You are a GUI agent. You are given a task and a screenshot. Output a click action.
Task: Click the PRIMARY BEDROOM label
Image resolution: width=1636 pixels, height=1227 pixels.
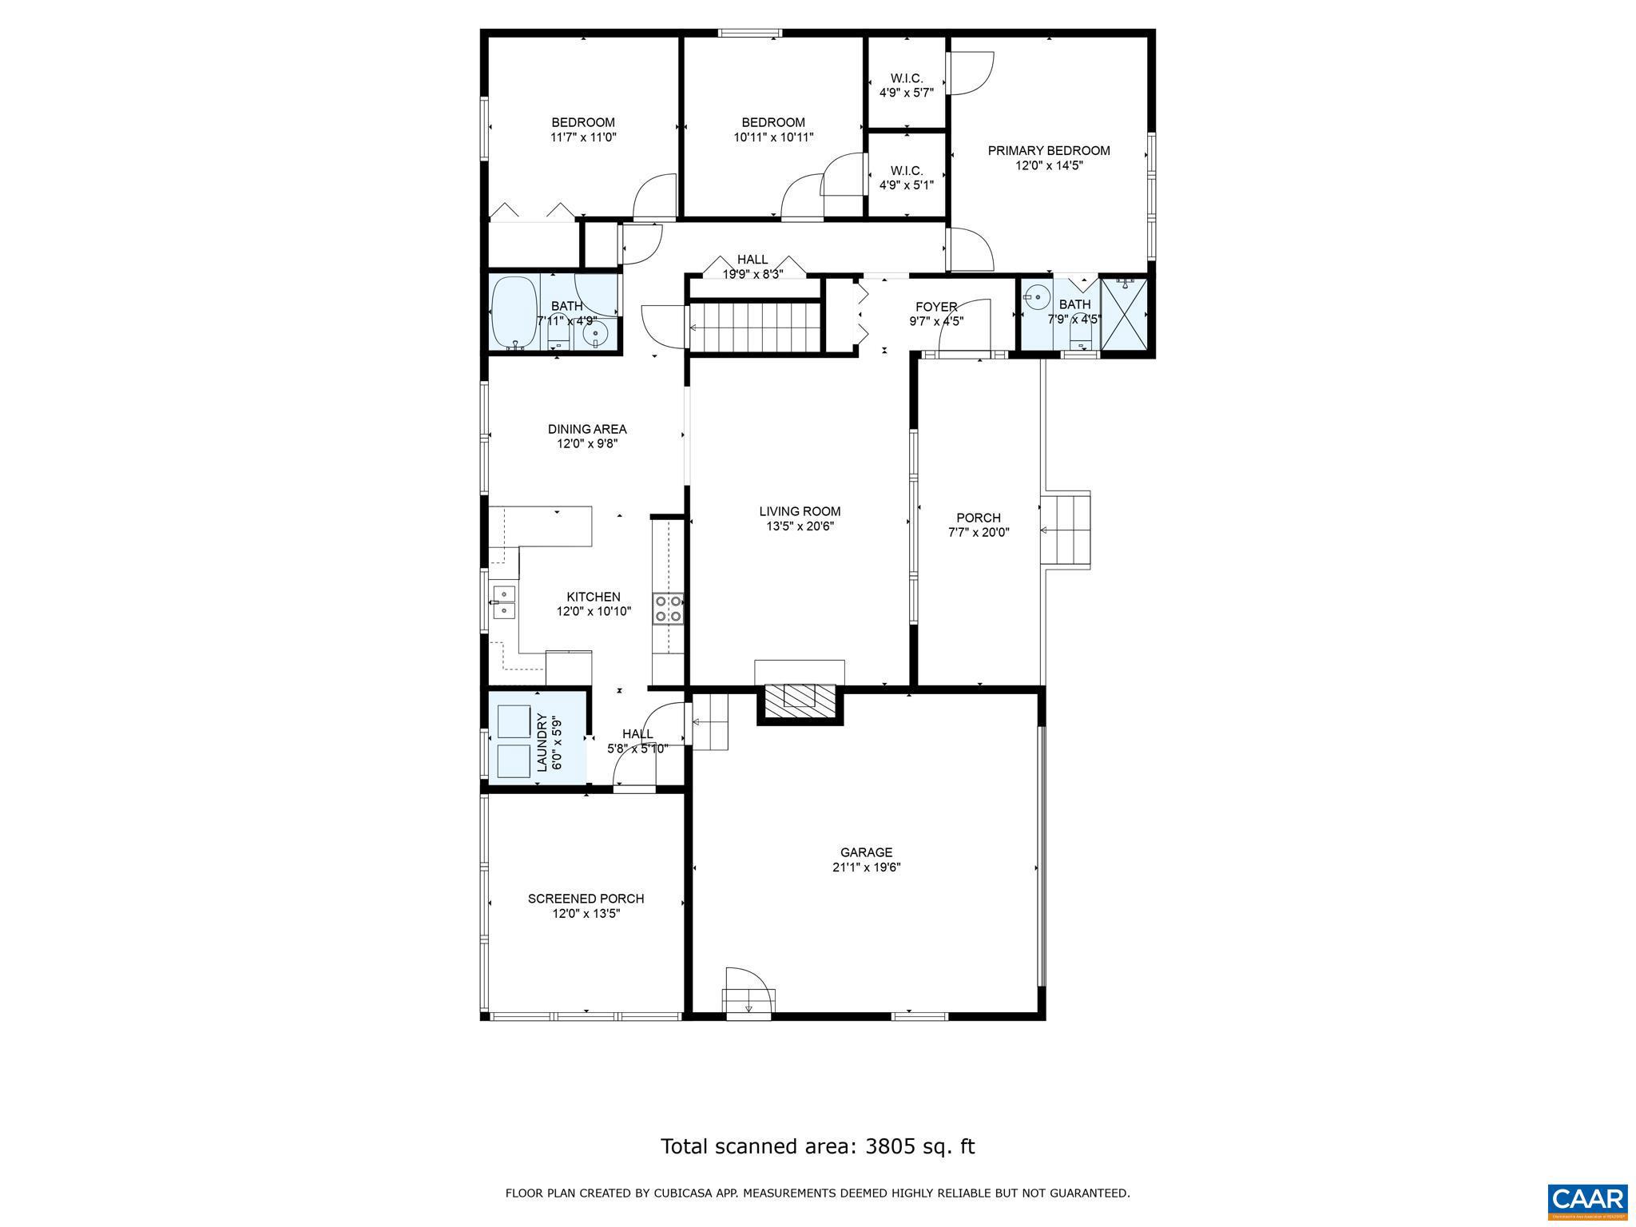pos(1048,151)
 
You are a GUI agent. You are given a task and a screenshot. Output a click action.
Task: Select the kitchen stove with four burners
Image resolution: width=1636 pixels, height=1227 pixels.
pos(668,609)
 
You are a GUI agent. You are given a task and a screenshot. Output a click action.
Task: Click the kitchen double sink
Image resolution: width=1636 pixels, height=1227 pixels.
pos(503,602)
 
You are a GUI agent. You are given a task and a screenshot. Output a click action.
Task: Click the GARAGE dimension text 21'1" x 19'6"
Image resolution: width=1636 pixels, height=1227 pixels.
pos(866,867)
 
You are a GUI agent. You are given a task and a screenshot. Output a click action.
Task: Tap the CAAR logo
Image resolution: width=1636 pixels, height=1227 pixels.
pos(1586,1200)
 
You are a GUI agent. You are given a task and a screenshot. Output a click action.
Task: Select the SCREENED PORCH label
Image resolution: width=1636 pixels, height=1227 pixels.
pos(586,899)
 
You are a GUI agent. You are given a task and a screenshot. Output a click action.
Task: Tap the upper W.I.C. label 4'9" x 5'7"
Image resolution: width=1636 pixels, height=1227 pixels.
pos(906,85)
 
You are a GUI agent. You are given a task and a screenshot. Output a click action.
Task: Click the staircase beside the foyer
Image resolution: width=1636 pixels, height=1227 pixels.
pos(756,327)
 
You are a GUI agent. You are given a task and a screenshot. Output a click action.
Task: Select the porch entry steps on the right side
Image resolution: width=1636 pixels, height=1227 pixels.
pos(1066,530)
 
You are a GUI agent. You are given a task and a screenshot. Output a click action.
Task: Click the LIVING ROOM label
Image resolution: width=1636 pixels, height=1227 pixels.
pos(800,511)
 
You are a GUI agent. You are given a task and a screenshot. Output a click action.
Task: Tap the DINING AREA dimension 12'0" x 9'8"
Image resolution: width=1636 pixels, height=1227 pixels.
pos(587,443)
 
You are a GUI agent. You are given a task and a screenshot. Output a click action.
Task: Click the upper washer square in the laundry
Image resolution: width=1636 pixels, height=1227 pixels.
pos(513,721)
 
